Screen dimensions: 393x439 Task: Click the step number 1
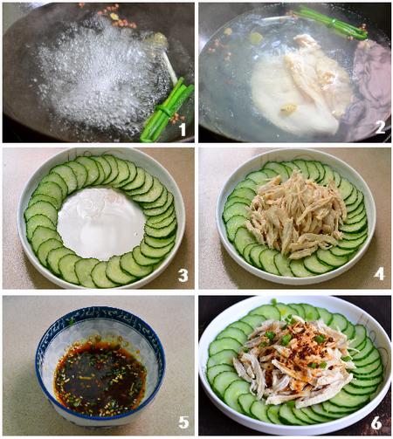pyautogui.click(x=183, y=129)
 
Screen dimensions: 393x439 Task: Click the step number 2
pyautogui.click(x=380, y=127)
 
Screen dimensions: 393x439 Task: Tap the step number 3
pyautogui.click(x=183, y=275)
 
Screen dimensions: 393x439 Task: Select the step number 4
pyautogui.click(x=379, y=274)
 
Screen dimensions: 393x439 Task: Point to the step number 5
pyautogui.click(x=183, y=422)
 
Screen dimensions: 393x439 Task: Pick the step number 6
pyautogui.click(x=376, y=422)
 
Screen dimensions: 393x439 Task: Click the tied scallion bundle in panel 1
pyautogui.click(x=168, y=110)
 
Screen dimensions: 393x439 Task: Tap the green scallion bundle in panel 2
pyautogui.click(x=330, y=22)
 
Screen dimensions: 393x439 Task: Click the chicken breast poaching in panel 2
pyautogui.click(x=303, y=87)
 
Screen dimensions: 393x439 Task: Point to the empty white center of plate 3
pyautogui.click(x=101, y=223)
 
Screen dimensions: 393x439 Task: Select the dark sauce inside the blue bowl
pyautogui.click(x=100, y=376)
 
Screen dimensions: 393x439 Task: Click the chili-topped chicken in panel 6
pyautogui.click(x=295, y=358)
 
